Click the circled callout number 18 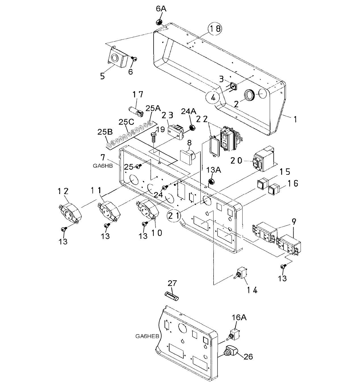(x=215, y=29)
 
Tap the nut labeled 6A (x=158, y=22)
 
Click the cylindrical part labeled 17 (x=136, y=111)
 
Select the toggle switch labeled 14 (x=242, y=274)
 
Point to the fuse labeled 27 (x=172, y=296)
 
